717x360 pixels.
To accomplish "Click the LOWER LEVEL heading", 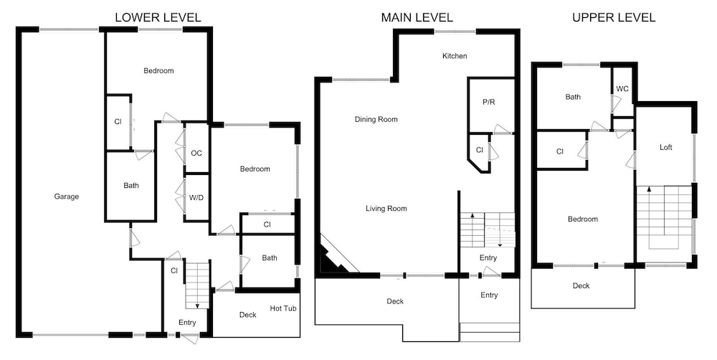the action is pyautogui.click(x=158, y=17).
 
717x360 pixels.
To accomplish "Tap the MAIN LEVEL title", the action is pyautogui.click(x=417, y=17).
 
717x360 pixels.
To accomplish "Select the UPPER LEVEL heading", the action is pyautogui.click(x=614, y=17).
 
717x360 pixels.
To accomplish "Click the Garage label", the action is pyautogui.click(x=67, y=196).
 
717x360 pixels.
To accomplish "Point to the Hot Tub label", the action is pyautogui.click(x=283, y=308).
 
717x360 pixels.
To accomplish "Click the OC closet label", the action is pyautogui.click(x=196, y=153).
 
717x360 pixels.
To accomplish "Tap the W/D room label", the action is pyautogui.click(x=196, y=198).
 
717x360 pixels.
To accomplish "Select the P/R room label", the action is pyautogui.click(x=489, y=102).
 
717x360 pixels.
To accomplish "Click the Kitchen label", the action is pyautogui.click(x=455, y=56).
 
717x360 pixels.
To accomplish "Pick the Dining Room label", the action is pyautogui.click(x=376, y=119).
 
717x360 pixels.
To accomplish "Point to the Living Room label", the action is pyautogui.click(x=386, y=209).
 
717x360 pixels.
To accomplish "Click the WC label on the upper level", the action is pyautogui.click(x=622, y=89).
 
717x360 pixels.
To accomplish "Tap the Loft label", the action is pyautogui.click(x=666, y=147).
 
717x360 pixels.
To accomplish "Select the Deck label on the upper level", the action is pyautogui.click(x=581, y=286).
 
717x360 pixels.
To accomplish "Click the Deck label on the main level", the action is pyautogui.click(x=395, y=301).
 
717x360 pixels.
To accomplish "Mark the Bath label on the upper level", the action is pyautogui.click(x=573, y=97).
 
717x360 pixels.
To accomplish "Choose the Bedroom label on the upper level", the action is pyautogui.click(x=583, y=219).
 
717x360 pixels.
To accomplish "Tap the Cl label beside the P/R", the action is pyautogui.click(x=479, y=150).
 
